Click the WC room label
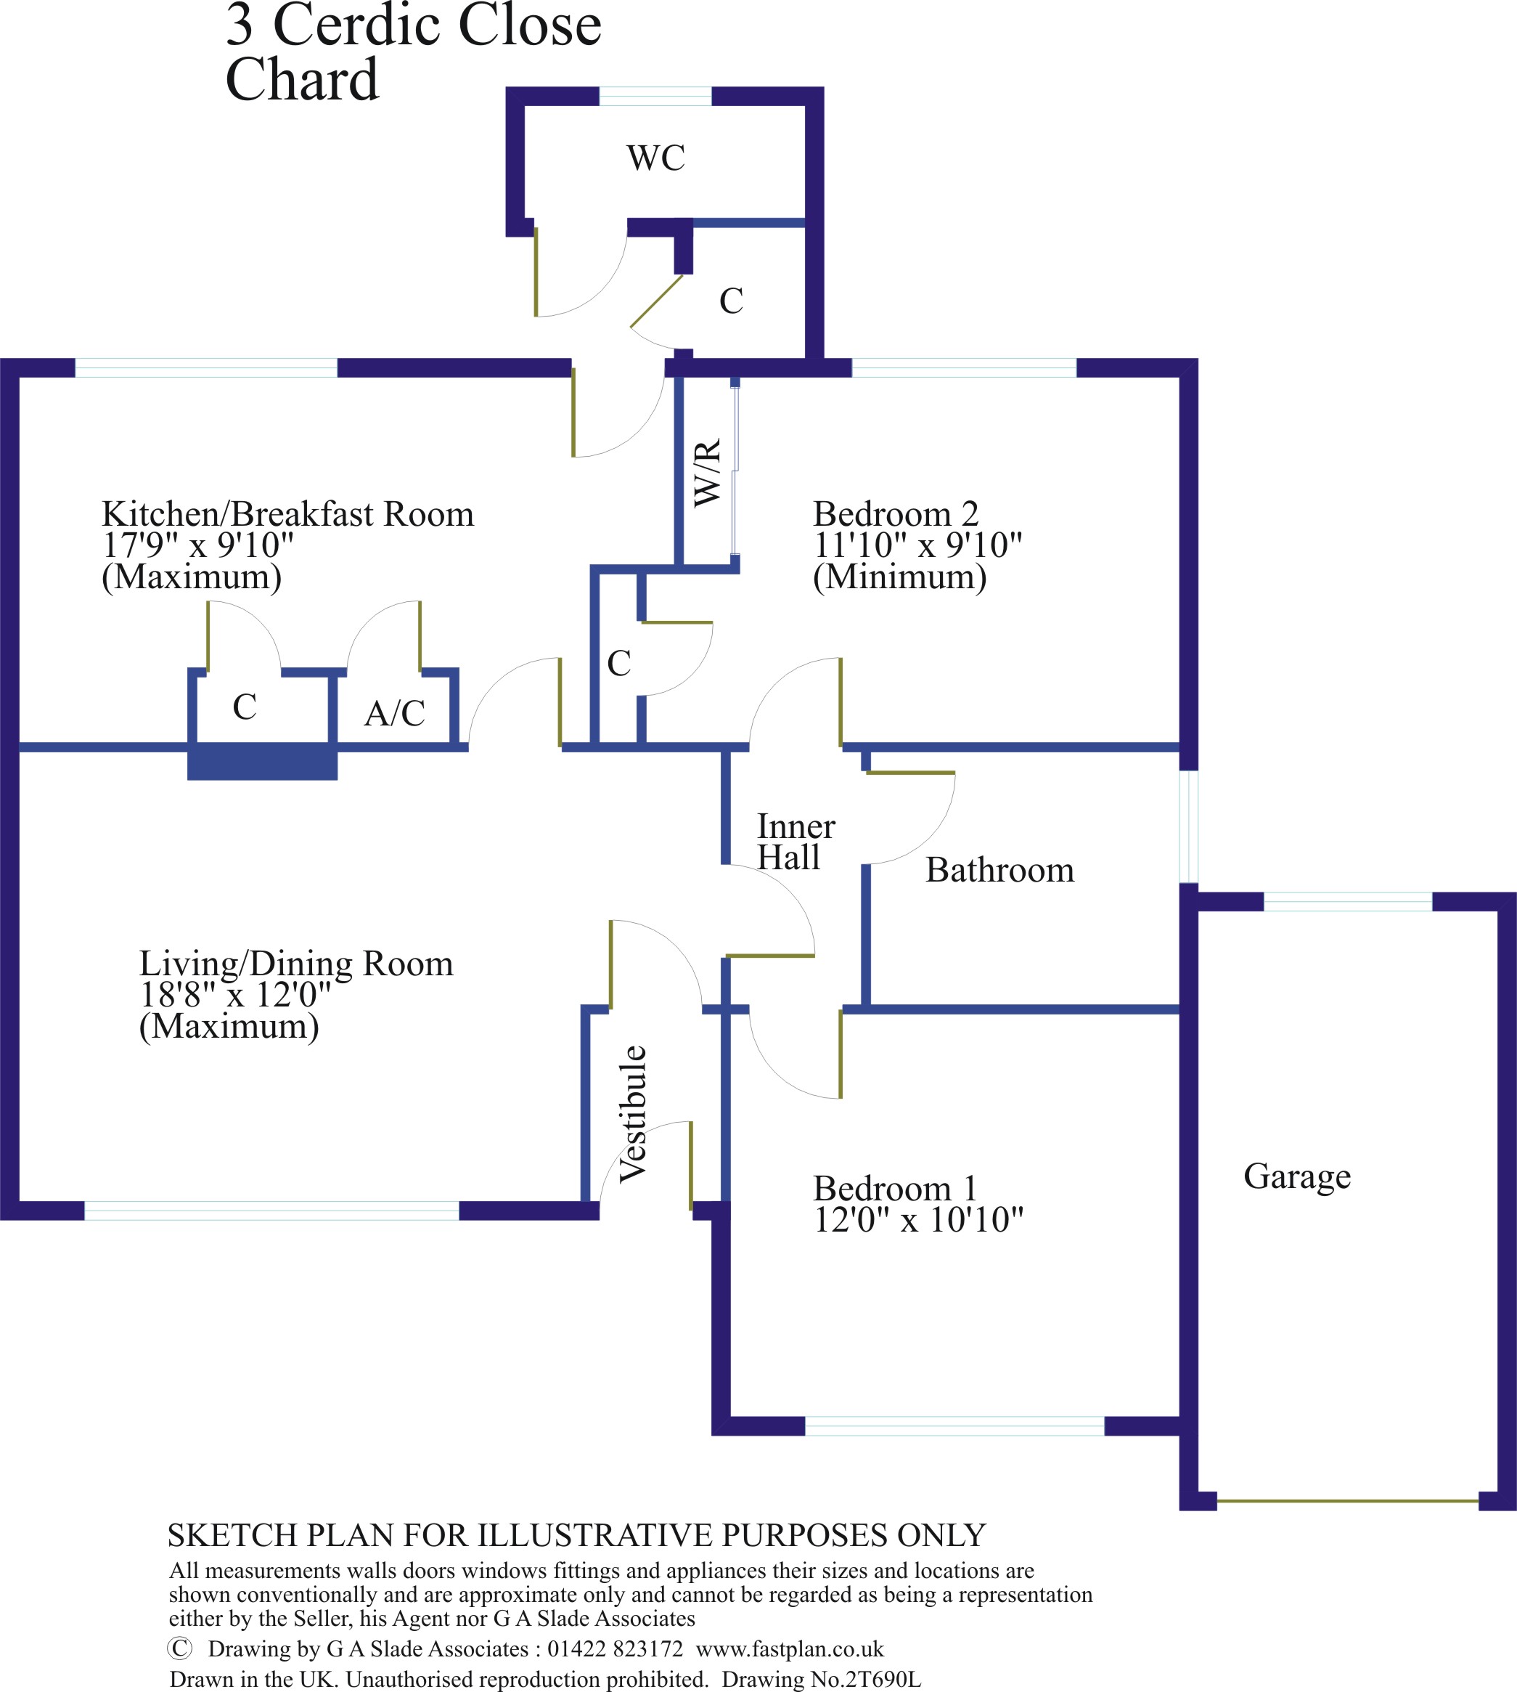coord(656,158)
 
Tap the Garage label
coord(1296,1176)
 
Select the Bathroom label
coord(999,870)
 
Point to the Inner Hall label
coord(794,842)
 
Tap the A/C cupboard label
coord(394,714)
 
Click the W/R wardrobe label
coord(707,473)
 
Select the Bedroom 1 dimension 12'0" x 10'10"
coord(917,1220)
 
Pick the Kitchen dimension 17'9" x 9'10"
coord(197,545)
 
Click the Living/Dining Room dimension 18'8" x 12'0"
coord(235,994)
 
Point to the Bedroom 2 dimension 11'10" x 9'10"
coord(917,545)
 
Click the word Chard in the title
coord(302,80)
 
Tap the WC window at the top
coord(655,96)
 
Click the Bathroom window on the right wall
coord(1190,826)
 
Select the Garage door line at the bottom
coord(1347,1501)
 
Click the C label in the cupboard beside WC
coord(731,301)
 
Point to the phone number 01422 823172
coord(615,1648)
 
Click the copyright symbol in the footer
coord(180,1648)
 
